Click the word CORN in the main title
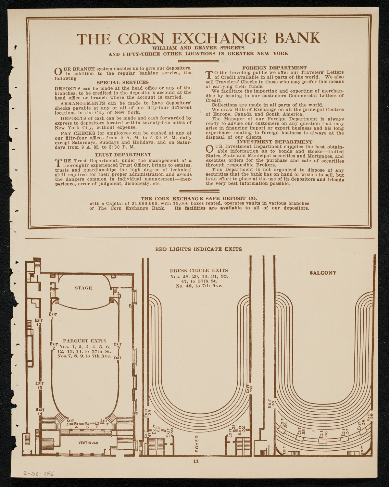[x=143, y=38]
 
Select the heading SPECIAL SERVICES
[x=123, y=82]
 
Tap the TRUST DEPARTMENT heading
[x=123, y=155]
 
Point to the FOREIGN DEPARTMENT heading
[x=275, y=68]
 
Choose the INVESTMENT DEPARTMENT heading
[x=275, y=142]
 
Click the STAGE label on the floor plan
[x=83, y=288]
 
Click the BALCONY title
[x=323, y=273]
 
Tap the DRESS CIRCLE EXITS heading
[x=199, y=270]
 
